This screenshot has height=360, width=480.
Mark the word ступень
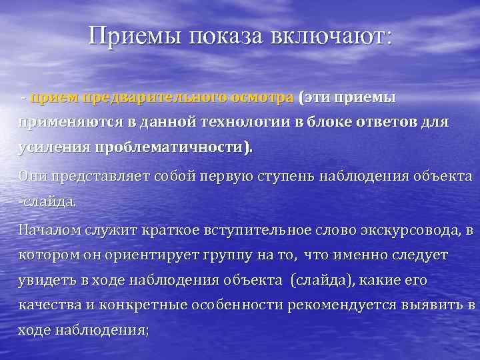click(x=279, y=177)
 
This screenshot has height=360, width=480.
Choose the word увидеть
click(x=44, y=281)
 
